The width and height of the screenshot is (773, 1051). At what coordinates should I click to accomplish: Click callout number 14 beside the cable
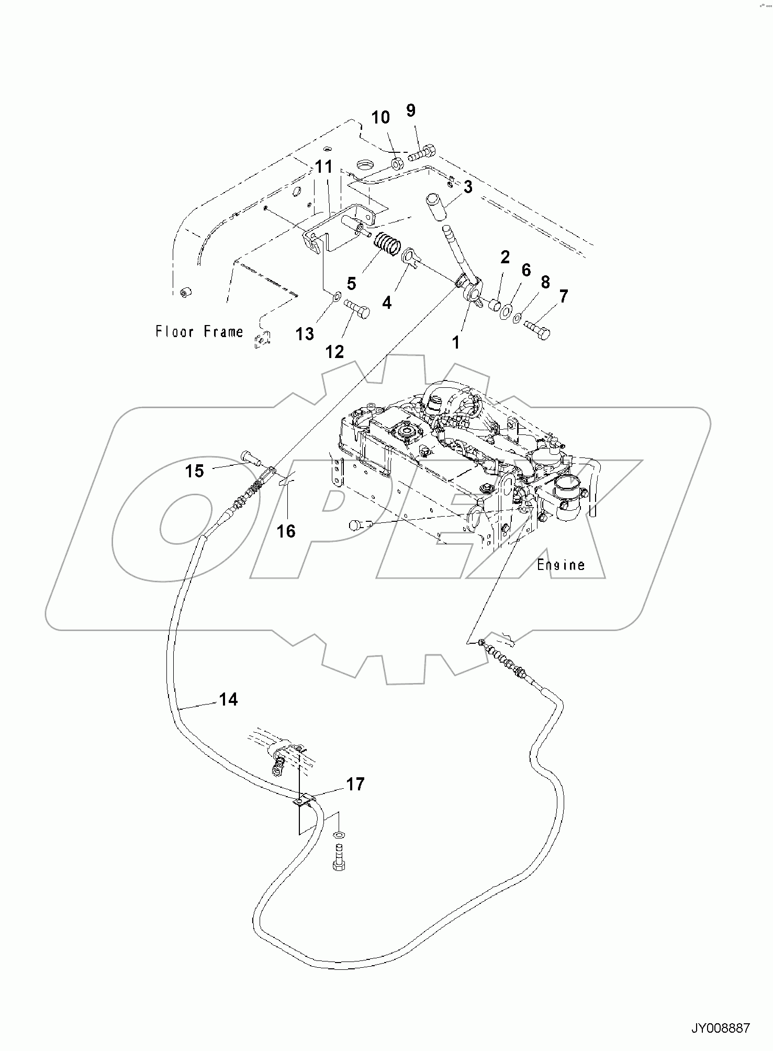[229, 699]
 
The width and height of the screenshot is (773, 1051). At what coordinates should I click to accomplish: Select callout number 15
[194, 471]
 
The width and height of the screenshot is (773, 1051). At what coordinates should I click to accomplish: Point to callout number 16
[286, 531]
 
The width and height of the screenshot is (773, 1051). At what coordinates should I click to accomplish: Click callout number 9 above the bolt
[411, 110]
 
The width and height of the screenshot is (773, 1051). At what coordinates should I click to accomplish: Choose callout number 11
[324, 167]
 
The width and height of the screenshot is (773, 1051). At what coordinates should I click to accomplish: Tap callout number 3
[468, 187]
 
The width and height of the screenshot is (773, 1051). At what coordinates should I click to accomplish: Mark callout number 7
[563, 297]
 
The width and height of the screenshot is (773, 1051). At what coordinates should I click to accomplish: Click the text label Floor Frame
[199, 331]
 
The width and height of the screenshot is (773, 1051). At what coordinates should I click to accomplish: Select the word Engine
[561, 565]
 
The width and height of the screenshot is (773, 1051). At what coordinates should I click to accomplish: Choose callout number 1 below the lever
[456, 342]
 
